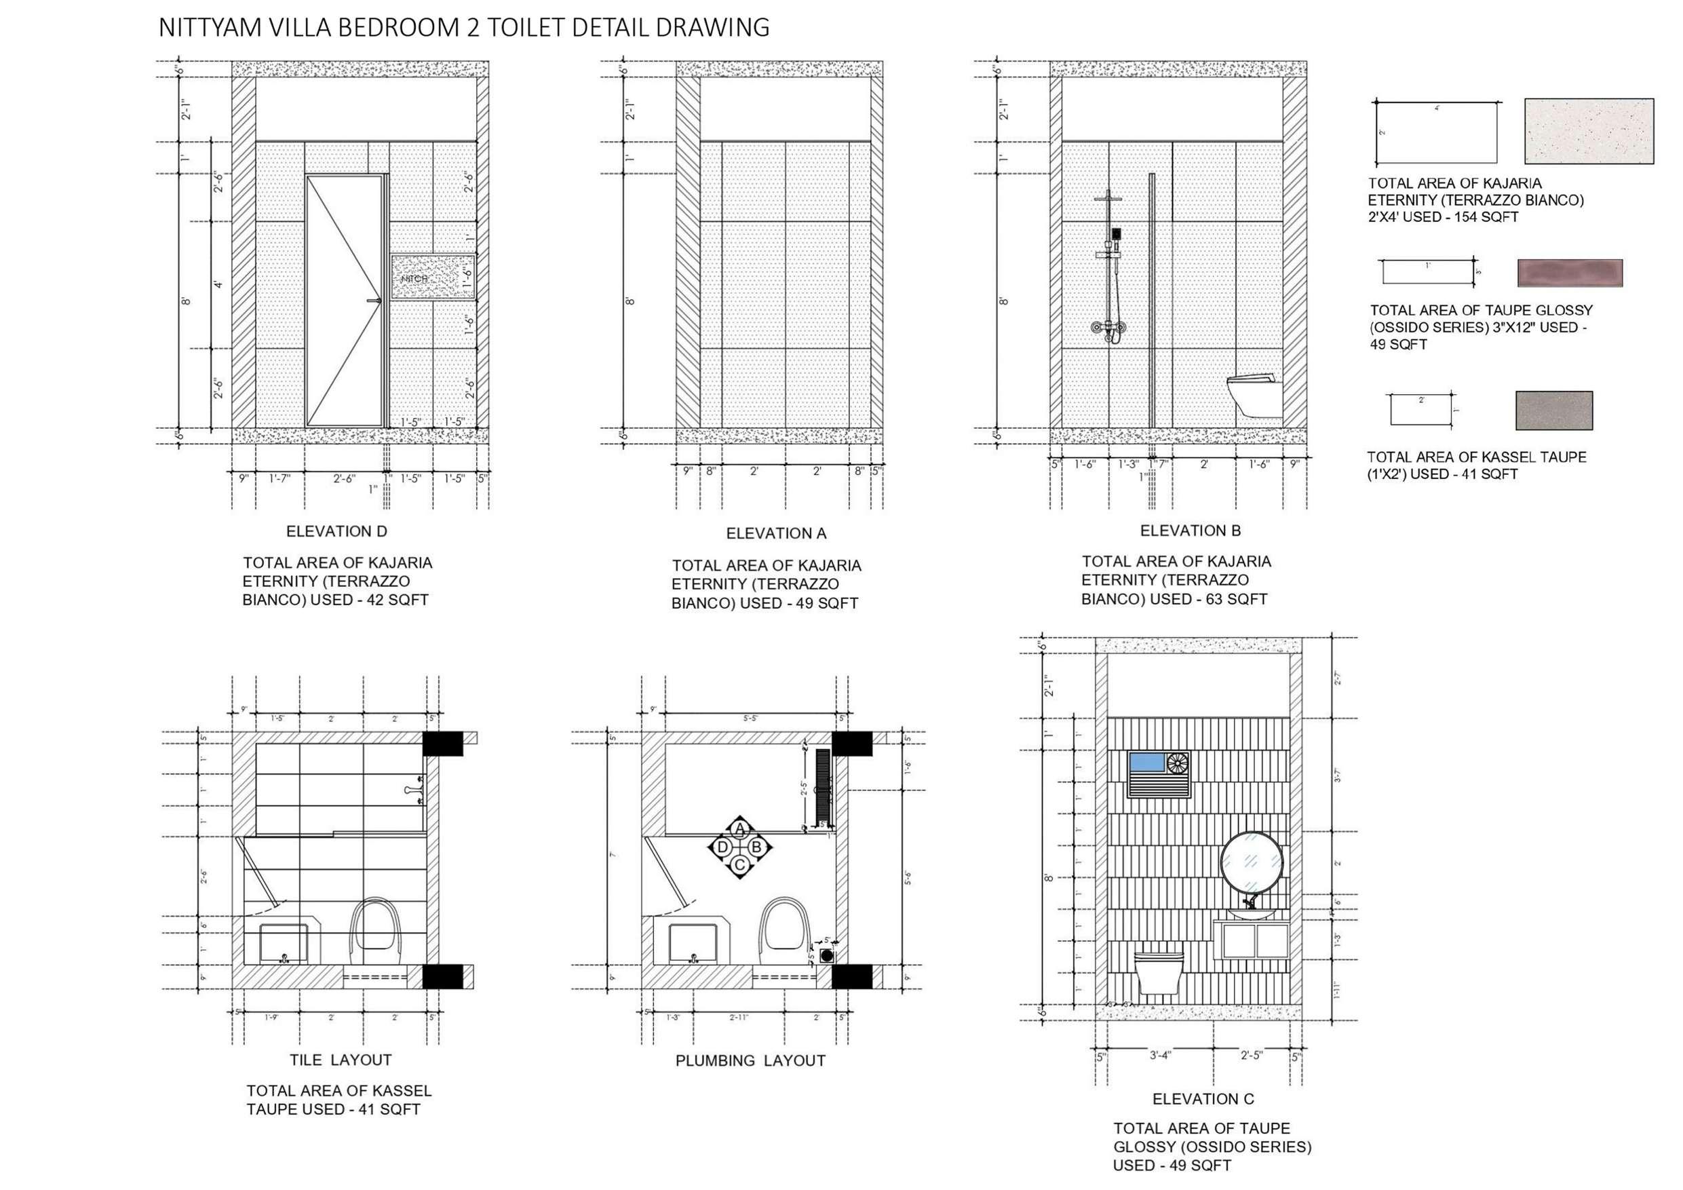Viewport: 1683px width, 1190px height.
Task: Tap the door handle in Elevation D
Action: click(x=376, y=301)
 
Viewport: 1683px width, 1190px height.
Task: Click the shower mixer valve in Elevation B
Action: click(x=1108, y=327)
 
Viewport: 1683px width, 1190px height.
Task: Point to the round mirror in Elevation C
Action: click(x=1252, y=862)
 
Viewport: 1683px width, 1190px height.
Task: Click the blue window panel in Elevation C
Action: click(x=1146, y=762)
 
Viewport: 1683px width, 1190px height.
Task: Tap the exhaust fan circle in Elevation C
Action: click(x=1177, y=763)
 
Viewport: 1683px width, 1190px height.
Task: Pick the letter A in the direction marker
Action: click(x=739, y=829)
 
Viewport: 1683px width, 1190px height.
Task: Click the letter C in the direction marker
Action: click(x=739, y=865)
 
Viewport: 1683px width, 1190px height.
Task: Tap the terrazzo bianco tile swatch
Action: click(x=1589, y=130)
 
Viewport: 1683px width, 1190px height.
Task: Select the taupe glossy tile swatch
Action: click(x=1570, y=273)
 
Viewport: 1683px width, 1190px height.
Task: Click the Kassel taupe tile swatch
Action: click(x=1553, y=410)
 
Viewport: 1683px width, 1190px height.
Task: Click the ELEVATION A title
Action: click(x=775, y=534)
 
